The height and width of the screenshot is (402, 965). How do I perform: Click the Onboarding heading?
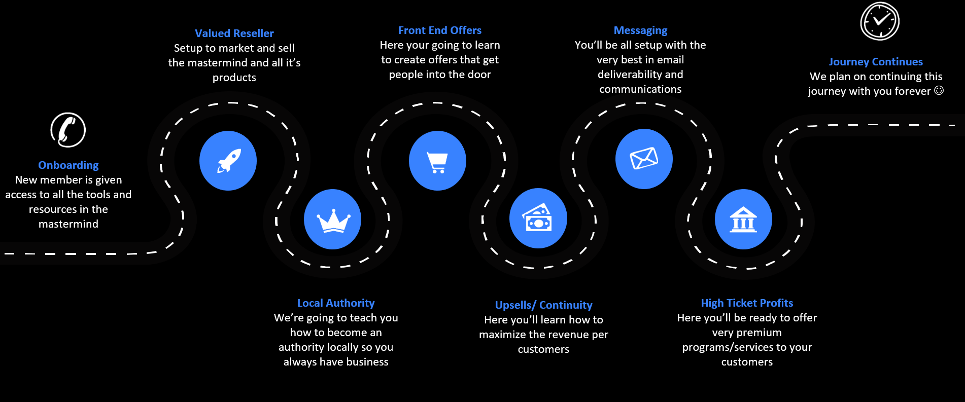point(68,165)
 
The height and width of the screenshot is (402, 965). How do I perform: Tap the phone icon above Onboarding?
point(68,130)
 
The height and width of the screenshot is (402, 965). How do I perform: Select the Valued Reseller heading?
point(234,33)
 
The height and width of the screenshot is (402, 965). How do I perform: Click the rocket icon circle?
point(228,161)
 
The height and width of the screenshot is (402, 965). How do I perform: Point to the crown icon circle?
point(332,219)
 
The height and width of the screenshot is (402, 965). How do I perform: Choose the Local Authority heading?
point(335,303)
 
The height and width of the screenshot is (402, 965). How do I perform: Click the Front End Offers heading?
point(439,30)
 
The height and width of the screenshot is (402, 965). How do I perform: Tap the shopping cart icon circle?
point(437,161)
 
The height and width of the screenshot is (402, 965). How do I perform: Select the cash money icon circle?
point(538,218)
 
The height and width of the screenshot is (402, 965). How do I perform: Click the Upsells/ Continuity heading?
point(543,305)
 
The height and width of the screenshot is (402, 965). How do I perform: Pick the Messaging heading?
point(640,30)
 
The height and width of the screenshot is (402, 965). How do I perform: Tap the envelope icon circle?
point(644,159)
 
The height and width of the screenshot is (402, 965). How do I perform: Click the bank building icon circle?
point(743,219)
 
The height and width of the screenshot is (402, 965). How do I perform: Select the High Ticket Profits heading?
point(747,303)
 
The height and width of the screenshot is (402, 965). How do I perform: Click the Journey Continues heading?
point(876,62)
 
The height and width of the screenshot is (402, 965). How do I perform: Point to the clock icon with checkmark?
point(880,21)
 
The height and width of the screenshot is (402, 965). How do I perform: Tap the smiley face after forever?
point(939,90)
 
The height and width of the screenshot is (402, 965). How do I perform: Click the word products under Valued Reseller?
point(234,78)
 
